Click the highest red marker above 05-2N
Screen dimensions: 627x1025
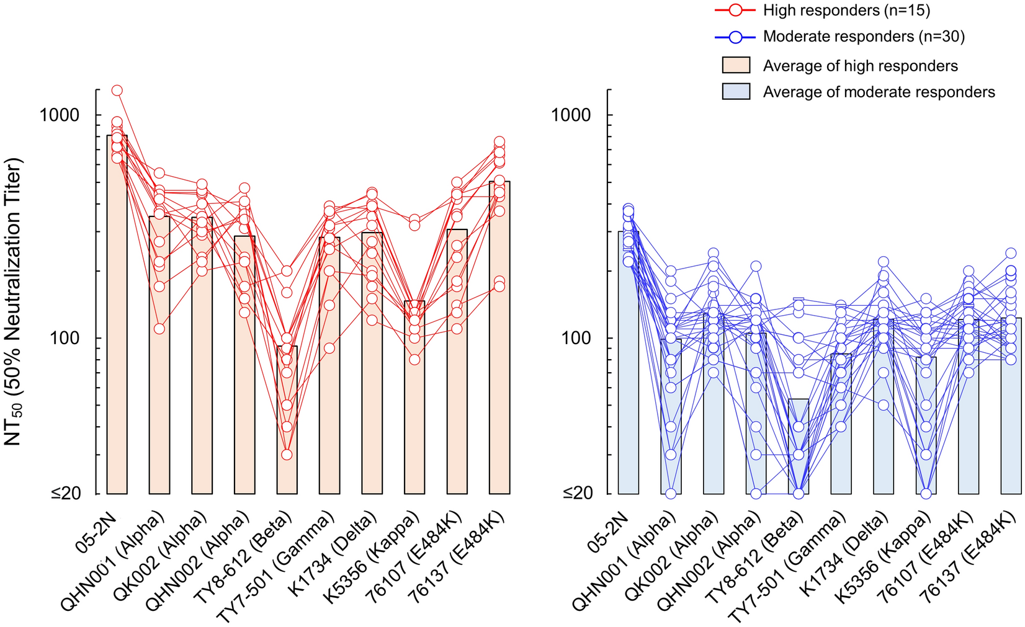point(117,91)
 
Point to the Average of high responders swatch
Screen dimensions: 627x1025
point(736,66)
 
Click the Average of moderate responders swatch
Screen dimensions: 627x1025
point(736,92)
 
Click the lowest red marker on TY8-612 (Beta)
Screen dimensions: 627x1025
point(287,455)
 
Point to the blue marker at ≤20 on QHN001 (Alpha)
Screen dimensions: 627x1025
point(671,494)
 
